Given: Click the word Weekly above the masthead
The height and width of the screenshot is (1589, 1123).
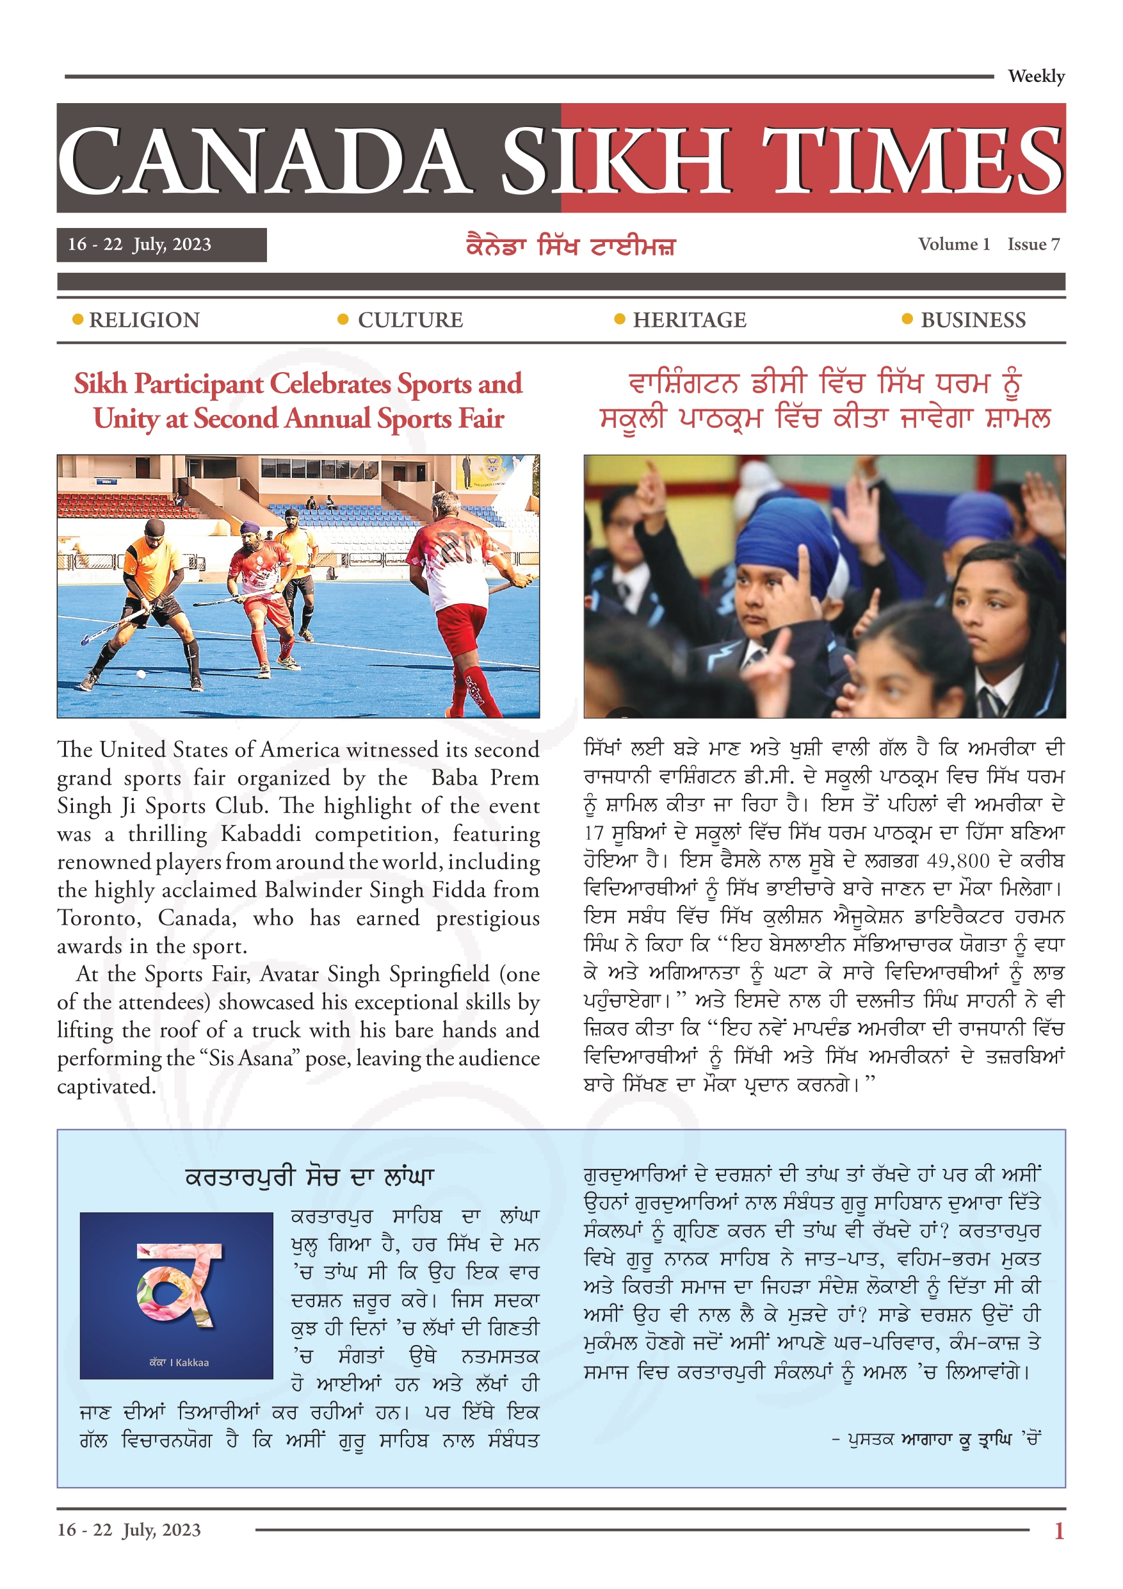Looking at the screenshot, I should pyautogui.click(x=1035, y=76).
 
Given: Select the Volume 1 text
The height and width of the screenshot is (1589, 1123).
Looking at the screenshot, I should pyautogui.click(x=953, y=244).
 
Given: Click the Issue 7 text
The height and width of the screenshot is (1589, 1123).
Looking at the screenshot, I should pyautogui.click(x=1033, y=244).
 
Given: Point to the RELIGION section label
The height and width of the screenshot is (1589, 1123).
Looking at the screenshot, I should pyautogui.click(x=144, y=320).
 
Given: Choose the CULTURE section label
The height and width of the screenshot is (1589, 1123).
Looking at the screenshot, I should pyautogui.click(x=410, y=320).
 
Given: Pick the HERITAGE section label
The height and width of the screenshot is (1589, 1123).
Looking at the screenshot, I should pyautogui.click(x=689, y=320).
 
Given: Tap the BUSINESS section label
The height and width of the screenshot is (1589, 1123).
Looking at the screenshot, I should pyautogui.click(x=973, y=320).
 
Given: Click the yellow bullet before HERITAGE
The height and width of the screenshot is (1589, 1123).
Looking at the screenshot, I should pyautogui.click(x=619, y=319).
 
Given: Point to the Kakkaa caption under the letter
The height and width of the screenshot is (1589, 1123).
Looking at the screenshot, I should pyautogui.click(x=179, y=1362).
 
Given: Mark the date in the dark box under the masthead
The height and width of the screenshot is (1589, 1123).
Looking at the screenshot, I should pyautogui.click(x=139, y=244).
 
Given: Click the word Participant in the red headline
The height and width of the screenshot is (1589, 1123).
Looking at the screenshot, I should pyautogui.click(x=199, y=384).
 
